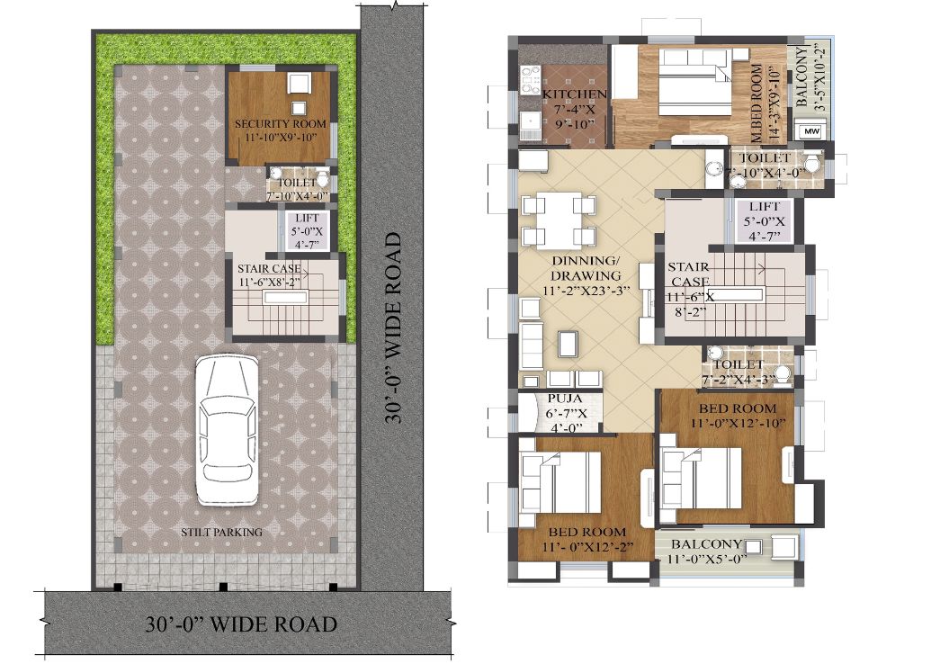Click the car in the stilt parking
tap(228, 430)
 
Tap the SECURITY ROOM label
tap(281, 124)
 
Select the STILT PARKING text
tap(222, 532)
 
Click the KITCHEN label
tap(574, 94)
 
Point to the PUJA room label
tap(565, 399)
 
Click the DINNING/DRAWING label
tap(585, 268)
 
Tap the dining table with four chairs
tap(559, 220)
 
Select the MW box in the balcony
tap(811, 130)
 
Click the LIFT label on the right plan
tap(764, 207)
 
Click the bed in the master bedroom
tap(695, 82)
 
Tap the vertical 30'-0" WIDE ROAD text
tap(393, 328)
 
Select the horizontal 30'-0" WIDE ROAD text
tap(241, 624)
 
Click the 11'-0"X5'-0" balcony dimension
tap(707, 559)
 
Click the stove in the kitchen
tap(531, 81)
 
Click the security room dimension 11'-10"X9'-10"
tap(281, 138)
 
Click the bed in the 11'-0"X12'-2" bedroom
tap(560, 483)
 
